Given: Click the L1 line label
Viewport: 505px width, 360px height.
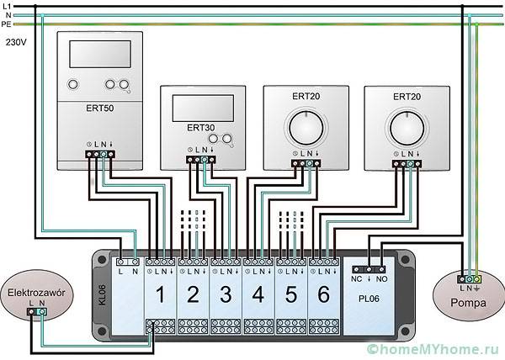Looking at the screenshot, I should pos(7,5).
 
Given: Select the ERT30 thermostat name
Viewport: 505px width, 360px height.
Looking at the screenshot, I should pos(201,127).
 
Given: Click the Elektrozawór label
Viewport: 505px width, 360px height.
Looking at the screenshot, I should pos(35,292).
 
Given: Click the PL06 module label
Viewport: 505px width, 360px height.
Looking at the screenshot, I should pos(369,297).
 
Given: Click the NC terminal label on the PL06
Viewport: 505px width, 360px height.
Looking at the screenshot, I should pos(357,276).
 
